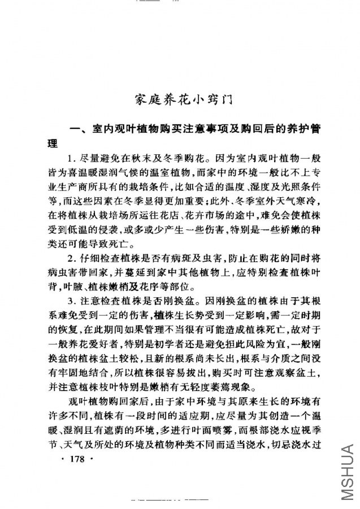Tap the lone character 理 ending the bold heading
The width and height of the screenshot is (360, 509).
point(53,144)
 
